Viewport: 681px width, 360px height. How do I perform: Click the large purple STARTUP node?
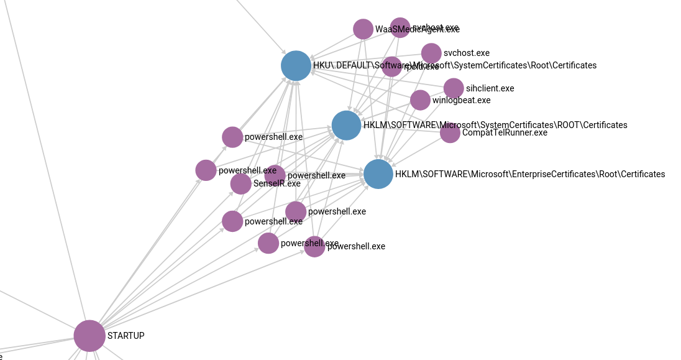pos(89,336)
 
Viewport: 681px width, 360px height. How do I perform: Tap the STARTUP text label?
pos(126,336)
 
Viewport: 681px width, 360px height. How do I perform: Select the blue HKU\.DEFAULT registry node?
pos(296,66)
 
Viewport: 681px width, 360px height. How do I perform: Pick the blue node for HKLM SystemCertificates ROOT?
pos(346,126)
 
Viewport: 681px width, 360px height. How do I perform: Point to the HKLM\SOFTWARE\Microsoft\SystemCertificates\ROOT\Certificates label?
pos(495,125)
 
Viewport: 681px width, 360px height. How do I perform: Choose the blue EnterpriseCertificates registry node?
pos(378,174)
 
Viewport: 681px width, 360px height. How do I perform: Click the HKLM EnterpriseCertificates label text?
pos(530,174)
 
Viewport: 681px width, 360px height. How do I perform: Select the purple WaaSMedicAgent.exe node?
pos(363,29)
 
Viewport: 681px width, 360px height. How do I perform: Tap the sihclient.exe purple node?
pos(454,88)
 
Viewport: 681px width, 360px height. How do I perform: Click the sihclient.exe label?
pos(490,88)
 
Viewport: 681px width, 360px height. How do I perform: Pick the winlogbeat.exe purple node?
pos(420,100)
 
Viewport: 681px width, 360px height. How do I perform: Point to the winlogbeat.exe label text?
pos(462,100)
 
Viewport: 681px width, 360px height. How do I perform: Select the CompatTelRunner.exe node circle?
pos(450,132)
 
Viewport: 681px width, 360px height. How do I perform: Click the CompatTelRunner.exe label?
pos(505,132)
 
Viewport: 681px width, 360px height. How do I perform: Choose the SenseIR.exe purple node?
pos(241,183)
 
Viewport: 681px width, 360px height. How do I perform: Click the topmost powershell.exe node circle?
pos(232,137)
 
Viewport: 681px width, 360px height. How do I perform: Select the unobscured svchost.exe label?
pos(467,53)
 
